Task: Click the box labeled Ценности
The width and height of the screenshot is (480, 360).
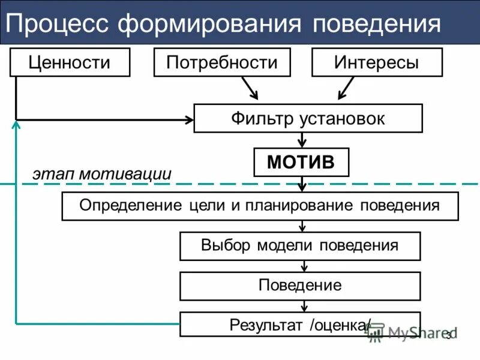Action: click(x=70, y=62)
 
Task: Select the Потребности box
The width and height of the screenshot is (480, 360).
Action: click(x=222, y=62)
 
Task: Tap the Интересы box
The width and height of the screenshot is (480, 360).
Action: click(x=377, y=62)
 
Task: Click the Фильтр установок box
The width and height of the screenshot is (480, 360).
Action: click(x=308, y=118)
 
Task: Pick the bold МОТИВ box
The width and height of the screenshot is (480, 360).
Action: click(x=301, y=162)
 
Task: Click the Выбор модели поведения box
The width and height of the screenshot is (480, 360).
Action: click(x=300, y=246)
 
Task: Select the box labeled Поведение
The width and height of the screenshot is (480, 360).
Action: click(x=300, y=286)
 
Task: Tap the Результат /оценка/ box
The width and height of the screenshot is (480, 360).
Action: click(x=300, y=325)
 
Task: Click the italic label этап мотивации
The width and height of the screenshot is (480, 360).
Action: click(x=102, y=174)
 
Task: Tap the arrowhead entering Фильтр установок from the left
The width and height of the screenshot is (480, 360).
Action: click(x=188, y=119)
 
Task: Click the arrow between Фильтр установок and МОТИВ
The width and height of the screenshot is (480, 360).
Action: click(x=303, y=140)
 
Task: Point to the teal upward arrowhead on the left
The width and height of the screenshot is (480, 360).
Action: click(x=16, y=124)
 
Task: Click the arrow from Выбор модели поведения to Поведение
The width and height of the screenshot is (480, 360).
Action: click(x=304, y=266)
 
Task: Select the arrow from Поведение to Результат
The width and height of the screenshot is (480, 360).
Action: click(x=304, y=306)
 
